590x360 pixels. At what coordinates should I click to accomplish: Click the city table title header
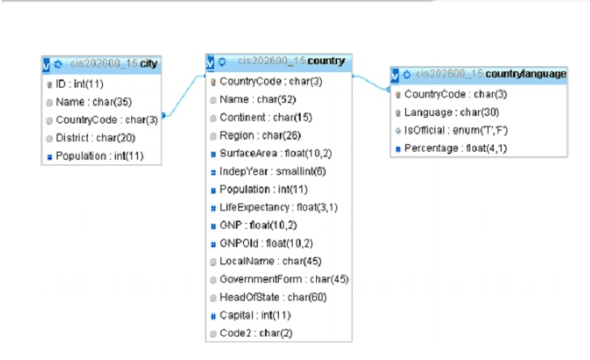point(105,64)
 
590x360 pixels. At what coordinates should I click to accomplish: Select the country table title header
point(280,62)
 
